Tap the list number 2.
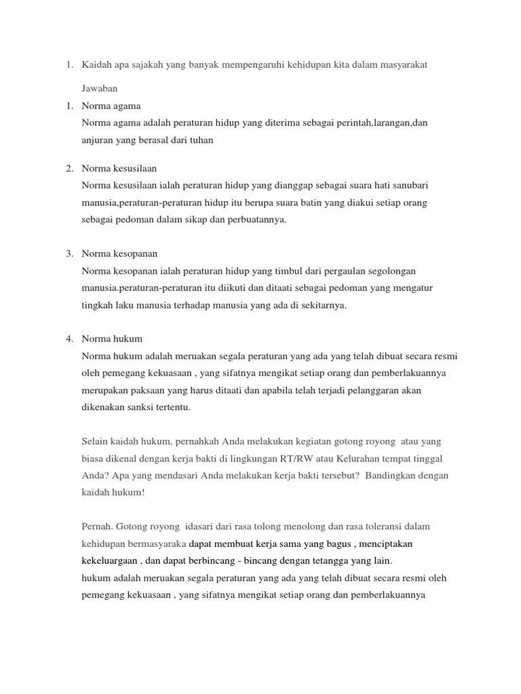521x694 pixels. [x=69, y=167]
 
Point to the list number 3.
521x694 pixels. [x=69, y=253]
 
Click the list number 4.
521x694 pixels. [x=69, y=338]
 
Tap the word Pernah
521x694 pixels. [x=97, y=527]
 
